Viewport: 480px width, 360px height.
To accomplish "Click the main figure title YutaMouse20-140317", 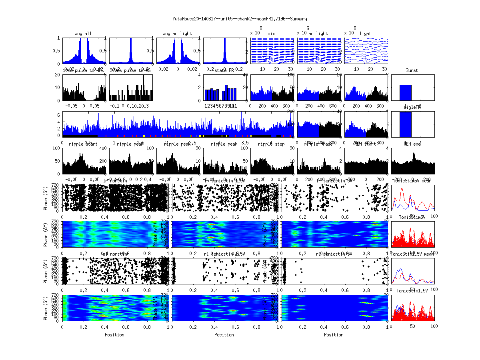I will pyautogui.click(x=240, y=19).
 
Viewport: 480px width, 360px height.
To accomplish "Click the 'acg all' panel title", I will pyautogui.click(x=83, y=34).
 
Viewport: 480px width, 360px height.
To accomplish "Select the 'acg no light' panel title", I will pyautogui.click(x=177, y=34).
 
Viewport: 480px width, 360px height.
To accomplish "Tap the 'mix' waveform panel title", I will pyautogui.click(x=272, y=34).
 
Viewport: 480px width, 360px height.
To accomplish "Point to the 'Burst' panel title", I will pyautogui.click(x=412, y=70).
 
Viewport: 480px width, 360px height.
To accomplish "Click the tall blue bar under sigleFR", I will pyautogui.click(x=406, y=125).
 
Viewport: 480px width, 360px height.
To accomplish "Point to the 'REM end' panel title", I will pyautogui.click(x=412, y=144).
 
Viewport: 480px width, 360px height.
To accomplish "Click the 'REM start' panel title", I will pyautogui.click(x=365, y=144).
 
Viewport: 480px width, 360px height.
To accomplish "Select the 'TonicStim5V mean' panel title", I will pyautogui.click(x=412, y=181).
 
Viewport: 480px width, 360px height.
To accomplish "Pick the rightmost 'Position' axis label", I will pyautogui.click(x=334, y=335).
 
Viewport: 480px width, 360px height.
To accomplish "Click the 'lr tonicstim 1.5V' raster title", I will pyautogui.click(x=224, y=181).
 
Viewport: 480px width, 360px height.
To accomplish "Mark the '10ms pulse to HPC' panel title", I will pyautogui.click(x=83, y=70).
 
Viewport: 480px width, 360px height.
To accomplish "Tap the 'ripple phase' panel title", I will pyautogui.click(x=318, y=144).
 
